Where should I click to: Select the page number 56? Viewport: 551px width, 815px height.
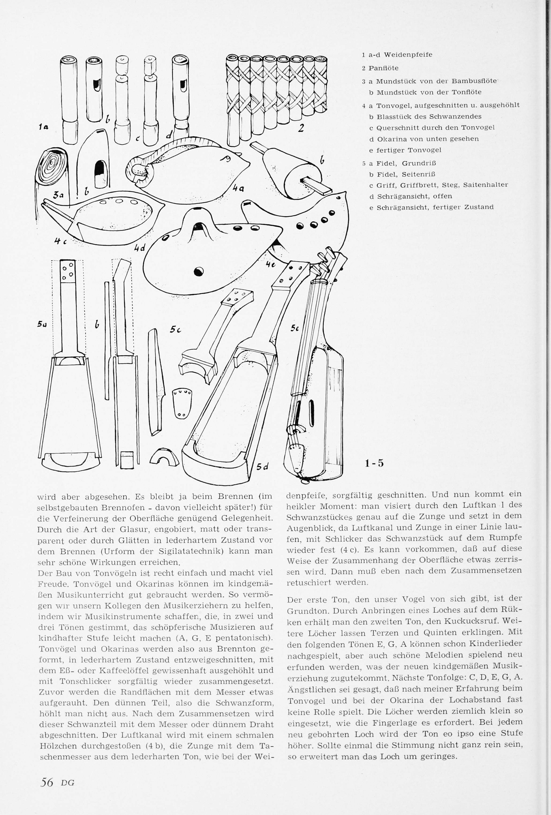tap(47, 789)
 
